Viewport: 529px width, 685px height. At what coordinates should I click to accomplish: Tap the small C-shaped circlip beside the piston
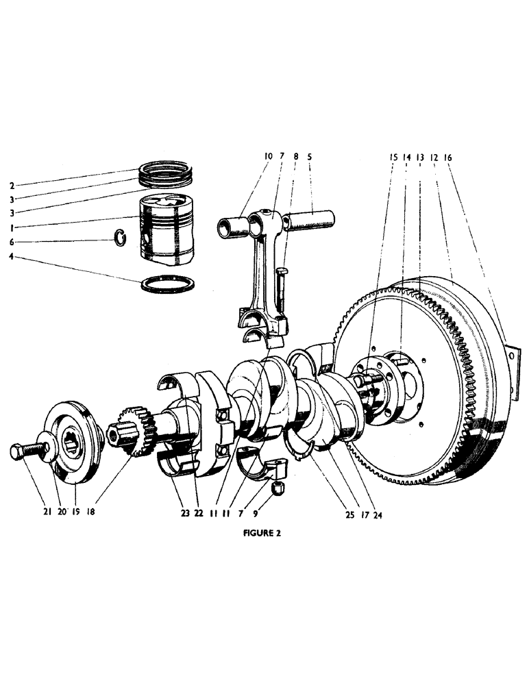point(120,238)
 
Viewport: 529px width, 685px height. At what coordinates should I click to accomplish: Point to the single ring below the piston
point(168,284)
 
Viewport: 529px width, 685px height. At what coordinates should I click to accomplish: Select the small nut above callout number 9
point(279,488)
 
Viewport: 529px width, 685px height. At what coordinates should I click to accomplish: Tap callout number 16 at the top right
point(448,157)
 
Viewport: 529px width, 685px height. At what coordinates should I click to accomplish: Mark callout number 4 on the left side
point(12,258)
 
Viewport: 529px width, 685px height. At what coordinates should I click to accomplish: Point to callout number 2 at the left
point(12,186)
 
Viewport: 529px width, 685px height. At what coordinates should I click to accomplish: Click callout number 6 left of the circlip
point(12,242)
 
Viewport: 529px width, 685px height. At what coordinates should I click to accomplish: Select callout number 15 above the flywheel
point(393,157)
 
